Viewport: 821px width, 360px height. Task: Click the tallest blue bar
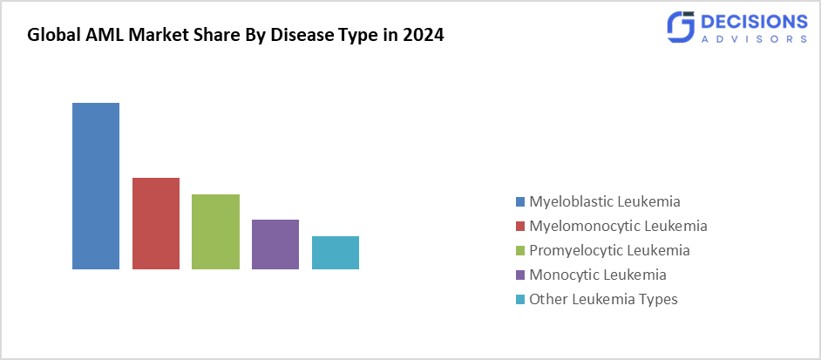[96, 186]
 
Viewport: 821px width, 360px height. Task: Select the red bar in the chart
[156, 223]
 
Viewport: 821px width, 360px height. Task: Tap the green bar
[215, 232]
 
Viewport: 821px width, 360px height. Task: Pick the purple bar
[275, 244]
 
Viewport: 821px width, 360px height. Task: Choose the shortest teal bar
[336, 253]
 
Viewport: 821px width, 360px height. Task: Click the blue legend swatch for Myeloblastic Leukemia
[520, 201]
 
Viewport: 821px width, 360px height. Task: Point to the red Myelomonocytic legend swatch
[520, 226]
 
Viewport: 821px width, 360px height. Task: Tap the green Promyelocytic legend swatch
[520, 250]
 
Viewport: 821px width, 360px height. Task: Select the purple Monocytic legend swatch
[520, 275]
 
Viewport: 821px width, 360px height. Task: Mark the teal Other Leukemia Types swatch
[520, 299]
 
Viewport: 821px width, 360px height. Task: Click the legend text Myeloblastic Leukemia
[605, 201]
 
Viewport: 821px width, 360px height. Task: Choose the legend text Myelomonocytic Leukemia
[618, 226]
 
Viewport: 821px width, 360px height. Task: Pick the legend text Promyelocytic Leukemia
[609, 250]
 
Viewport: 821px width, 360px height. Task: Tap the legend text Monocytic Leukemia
[598, 275]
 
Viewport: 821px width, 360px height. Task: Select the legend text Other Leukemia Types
[603, 299]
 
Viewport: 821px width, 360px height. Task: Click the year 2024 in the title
[425, 37]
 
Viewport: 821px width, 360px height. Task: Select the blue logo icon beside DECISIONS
[680, 28]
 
